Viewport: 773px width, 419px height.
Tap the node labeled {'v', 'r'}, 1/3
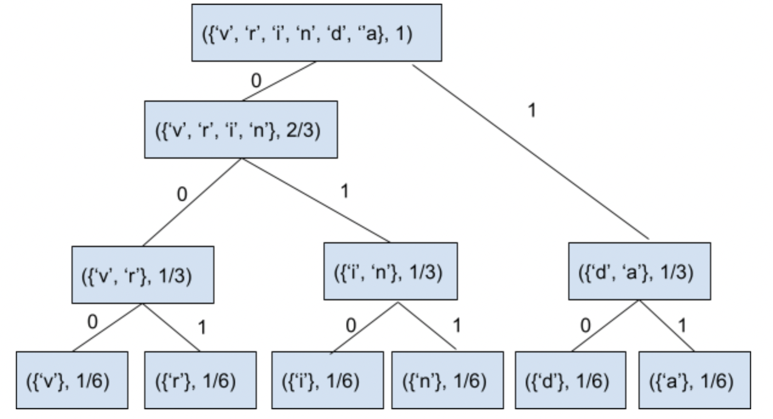[143, 274]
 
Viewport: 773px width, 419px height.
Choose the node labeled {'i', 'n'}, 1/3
[388, 271]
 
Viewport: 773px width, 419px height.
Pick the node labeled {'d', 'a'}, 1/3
[639, 271]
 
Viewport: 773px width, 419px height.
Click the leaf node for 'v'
[71, 381]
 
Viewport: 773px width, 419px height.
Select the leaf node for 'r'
[199, 381]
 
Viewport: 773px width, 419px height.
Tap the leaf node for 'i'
[327, 381]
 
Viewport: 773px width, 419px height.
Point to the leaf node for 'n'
[447, 381]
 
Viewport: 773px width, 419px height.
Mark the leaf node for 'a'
[695, 381]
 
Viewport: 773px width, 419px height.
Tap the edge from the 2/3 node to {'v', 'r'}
[193, 202]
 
